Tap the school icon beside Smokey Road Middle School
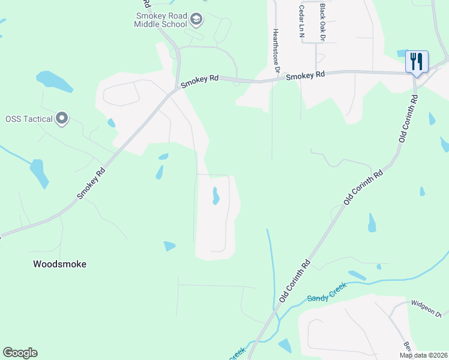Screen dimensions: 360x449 coord(196,20)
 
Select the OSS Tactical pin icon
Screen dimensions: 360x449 coord(61,119)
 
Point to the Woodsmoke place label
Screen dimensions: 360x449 coord(60,264)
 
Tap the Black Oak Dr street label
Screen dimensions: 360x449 coord(322,22)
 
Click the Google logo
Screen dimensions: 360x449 coord(20,352)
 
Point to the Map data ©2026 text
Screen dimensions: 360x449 coord(423,355)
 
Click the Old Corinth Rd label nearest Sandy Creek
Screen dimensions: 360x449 coord(295,281)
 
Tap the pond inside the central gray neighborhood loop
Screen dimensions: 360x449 coord(215,196)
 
